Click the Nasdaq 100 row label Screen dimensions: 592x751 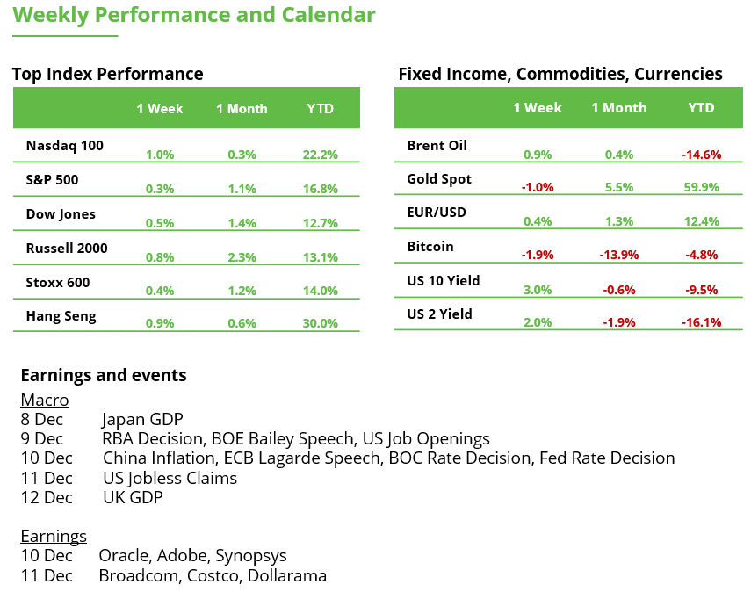[64, 146]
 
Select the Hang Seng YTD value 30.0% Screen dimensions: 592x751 [320, 323]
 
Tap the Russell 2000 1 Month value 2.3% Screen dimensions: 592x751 [242, 257]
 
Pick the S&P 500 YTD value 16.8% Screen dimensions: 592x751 [320, 189]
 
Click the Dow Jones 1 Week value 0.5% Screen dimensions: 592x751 [160, 223]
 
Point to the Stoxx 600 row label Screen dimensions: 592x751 [58, 283]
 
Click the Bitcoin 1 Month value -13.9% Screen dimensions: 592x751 [617, 256]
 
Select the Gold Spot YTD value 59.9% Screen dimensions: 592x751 [701, 187]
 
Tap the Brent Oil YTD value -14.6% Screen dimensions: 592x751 [701, 155]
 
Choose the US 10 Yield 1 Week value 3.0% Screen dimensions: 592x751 [538, 290]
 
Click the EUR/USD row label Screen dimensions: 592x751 [437, 213]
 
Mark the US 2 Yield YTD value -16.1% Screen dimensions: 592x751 [701, 322]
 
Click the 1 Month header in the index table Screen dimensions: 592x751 [242, 109]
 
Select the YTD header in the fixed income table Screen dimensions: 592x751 [701, 108]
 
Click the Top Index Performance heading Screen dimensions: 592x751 [107, 74]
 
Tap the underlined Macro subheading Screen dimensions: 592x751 [44, 401]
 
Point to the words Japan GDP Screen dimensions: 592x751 [142, 419]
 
